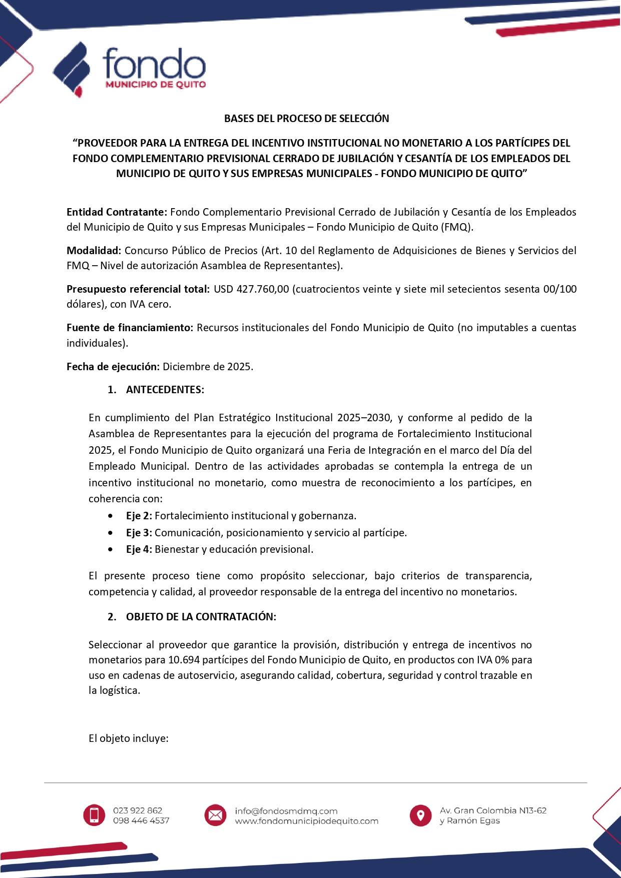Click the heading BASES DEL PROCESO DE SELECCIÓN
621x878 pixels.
click(306, 119)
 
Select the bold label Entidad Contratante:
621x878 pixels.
click(117, 212)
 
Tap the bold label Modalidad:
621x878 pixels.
click(94, 251)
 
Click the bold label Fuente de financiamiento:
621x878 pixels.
click(130, 328)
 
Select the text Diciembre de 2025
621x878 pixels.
click(208, 367)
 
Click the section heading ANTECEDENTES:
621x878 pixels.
click(165, 390)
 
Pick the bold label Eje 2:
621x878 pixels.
click(139, 516)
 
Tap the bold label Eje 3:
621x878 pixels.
click(139, 533)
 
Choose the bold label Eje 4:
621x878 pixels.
click(139, 549)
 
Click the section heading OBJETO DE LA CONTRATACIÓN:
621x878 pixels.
click(201, 617)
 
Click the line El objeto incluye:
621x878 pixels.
click(128, 738)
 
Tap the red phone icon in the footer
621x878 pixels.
click(94, 815)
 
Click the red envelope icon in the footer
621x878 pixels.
click(215, 815)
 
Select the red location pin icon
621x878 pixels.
click(420, 815)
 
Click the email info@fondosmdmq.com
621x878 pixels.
click(286, 810)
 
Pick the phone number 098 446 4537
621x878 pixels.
click(141, 820)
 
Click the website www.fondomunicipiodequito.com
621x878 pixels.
click(306, 821)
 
